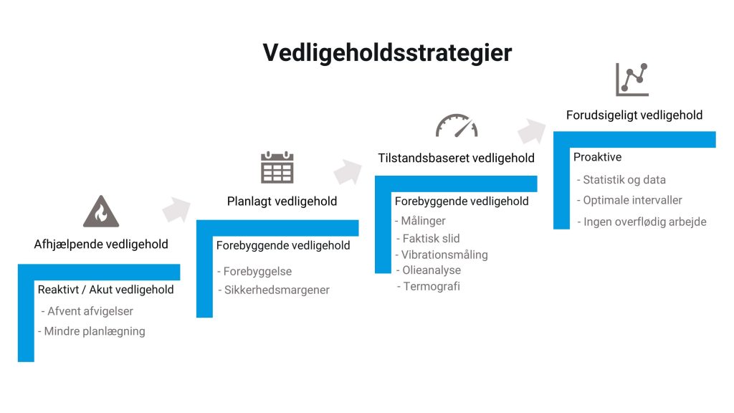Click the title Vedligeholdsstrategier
click(x=387, y=52)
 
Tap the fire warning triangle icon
click(x=101, y=212)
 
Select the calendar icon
click(x=277, y=167)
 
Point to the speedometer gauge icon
click(x=457, y=125)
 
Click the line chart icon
click(x=632, y=80)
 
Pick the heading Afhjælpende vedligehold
click(x=101, y=244)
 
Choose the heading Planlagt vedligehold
click(x=282, y=201)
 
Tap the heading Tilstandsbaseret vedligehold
click(x=457, y=158)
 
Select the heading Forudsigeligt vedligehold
click(x=634, y=115)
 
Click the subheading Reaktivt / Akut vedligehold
click(x=106, y=290)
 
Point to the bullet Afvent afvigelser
click(x=87, y=311)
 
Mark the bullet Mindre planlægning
click(x=92, y=331)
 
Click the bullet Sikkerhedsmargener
click(x=274, y=290)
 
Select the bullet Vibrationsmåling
click(x=442, y=255)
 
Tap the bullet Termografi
click(x=429, y=286)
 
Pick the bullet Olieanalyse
click(x=429, y=270)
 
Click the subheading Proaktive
click(x=597, y=157)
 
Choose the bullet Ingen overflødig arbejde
click(x=642, y=222)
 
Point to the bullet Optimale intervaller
click(x=629, y=201)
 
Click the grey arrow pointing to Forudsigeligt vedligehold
click(x=532, y=130)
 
